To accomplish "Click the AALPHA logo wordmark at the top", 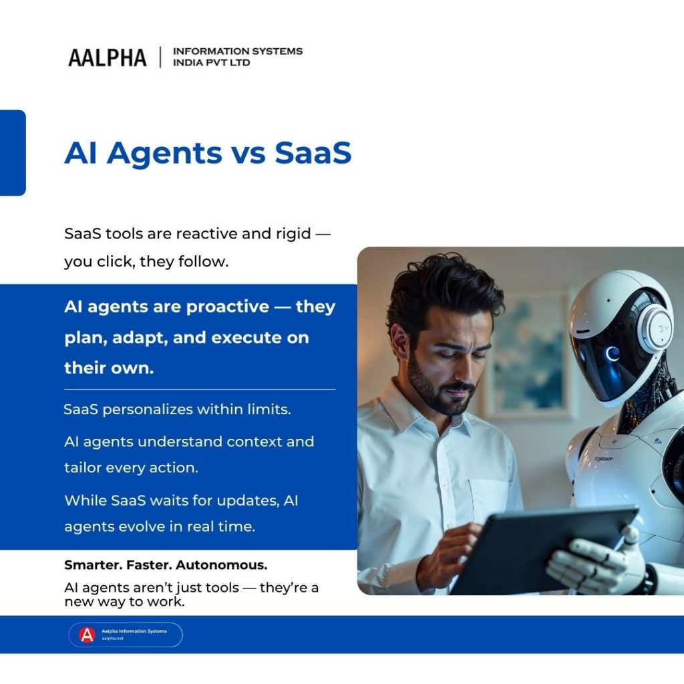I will pos(107,57).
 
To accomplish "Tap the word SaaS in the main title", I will pos(313,153).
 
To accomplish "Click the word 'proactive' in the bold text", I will pos(227,307).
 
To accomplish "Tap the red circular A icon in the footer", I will pos(88,635).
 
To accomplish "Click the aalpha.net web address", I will pos(113,639).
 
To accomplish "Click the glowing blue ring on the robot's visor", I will pos(612,353).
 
